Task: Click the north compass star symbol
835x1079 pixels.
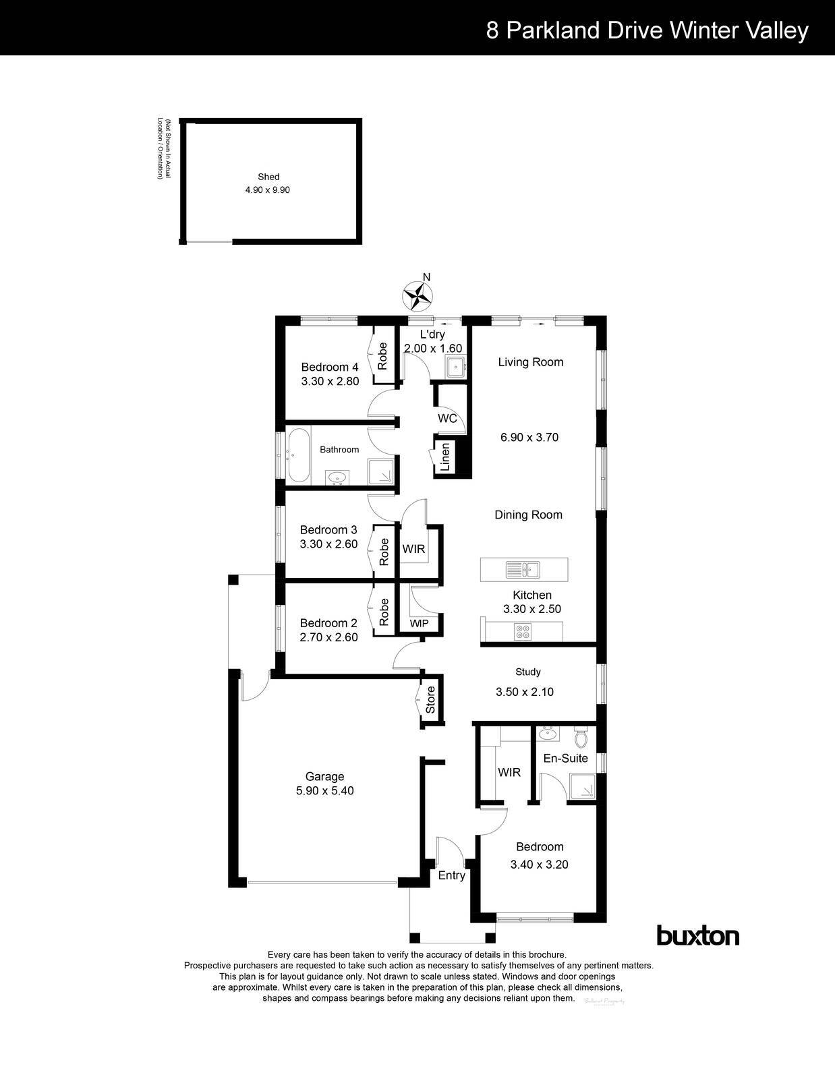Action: coord(417,295)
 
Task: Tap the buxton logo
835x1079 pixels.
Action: coord(697,936)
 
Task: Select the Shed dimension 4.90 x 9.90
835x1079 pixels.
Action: coord(268,190)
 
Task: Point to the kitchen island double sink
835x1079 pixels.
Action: coord(523,570)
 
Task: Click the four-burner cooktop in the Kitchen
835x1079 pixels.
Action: coord(523,632)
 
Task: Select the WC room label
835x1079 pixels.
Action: coord(447,418)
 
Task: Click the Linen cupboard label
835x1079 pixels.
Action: coord(445,457)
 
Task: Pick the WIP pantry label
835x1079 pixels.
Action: coord(419,623)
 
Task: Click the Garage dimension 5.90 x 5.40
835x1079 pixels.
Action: coord(324,790)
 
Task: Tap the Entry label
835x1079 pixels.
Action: coord(451,875)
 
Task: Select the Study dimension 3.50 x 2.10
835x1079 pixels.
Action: coord(524,691)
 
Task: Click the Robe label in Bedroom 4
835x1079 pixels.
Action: coord(382,356)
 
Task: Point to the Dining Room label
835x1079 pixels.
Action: coord(528,515)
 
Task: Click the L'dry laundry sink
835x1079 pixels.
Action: coord(455,368)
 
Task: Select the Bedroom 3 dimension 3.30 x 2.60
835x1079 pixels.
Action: coord(328,544)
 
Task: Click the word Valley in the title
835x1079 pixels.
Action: coord(776,30)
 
